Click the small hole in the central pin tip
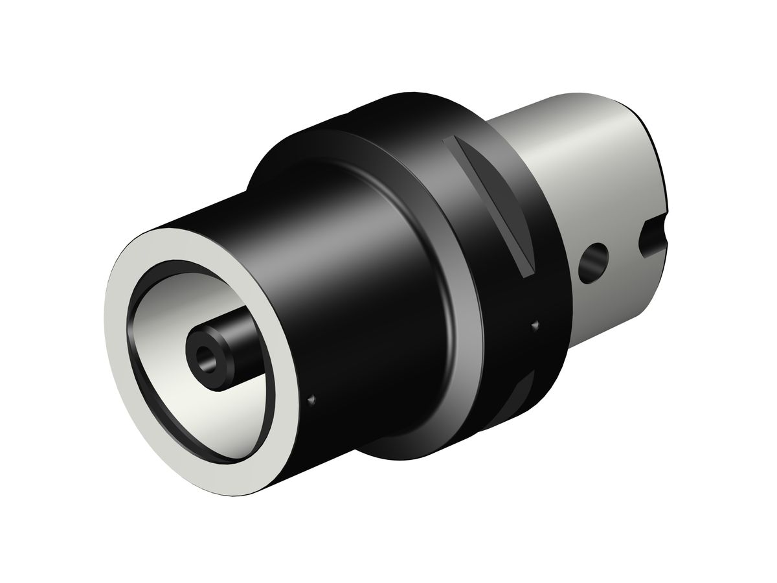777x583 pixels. click(207, 354)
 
